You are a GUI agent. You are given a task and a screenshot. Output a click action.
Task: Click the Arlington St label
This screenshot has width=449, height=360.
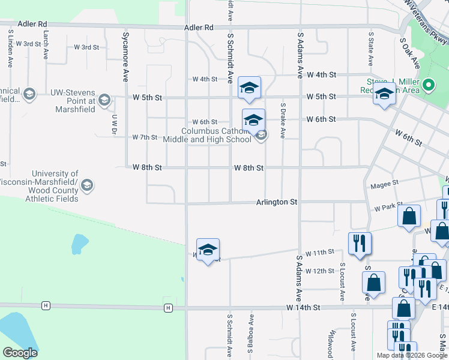point(277,203)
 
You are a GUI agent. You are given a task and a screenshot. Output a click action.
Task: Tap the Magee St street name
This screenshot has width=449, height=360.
point(384,183)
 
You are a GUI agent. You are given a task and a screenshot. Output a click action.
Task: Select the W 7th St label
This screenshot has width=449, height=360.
point(144,137)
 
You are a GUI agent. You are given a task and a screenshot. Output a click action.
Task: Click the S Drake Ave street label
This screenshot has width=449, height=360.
point(283,120)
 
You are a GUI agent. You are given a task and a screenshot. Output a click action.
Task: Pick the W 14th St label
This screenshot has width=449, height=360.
point(304,307)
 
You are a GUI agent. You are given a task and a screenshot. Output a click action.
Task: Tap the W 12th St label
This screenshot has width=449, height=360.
point(319,271)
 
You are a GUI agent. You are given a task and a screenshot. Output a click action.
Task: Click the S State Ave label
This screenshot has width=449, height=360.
point(371,49)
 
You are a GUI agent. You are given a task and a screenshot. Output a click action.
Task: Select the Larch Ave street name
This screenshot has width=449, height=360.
point(46,45)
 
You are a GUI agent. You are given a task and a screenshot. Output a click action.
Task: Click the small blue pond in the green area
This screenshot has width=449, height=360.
point(78,244)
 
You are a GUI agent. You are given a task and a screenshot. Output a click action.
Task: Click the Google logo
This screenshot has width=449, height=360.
point(20,353)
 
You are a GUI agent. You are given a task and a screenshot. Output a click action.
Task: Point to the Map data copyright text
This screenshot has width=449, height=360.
point(411,355)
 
